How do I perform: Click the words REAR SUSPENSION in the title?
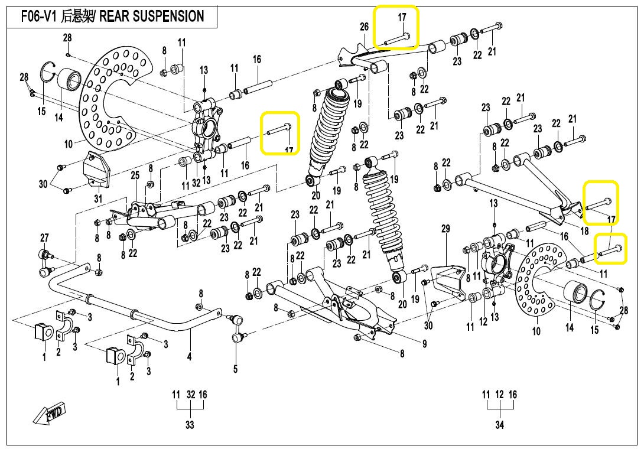coord(152,16)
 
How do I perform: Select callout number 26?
coord(364,27)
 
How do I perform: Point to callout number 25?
coord(135,175)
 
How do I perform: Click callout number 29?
coord(445,228)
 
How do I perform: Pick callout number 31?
coord(98,199)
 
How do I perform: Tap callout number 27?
coord(44,237)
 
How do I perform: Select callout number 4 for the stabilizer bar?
coord(190,356)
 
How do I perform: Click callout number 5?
coord(235,369)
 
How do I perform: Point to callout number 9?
coord(424,344)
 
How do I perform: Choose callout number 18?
coord(585,231)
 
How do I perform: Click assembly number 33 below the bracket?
coord(190,424)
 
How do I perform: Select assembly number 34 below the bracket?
coord(499,424)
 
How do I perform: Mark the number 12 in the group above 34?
coord(499,395)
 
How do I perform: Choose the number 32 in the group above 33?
coord(190,395)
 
